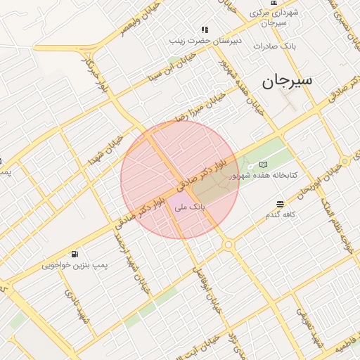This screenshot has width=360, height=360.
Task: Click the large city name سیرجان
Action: [x=287, y=81]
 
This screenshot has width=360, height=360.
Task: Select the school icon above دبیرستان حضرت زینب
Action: [x=205, y=30]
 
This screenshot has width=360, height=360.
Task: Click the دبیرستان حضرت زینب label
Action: [x=205, y=40]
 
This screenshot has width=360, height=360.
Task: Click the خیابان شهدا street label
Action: [x=105, y=150]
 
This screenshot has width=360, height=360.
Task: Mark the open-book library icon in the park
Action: [x=263, y=164]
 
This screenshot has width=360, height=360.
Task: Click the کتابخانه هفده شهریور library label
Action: [x=274, y=174]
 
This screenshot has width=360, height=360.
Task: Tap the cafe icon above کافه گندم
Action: [x=281, y=203]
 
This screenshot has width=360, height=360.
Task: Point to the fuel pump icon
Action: [x=75, y=254]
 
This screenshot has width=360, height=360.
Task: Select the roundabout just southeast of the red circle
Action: [x=228, y=244]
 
